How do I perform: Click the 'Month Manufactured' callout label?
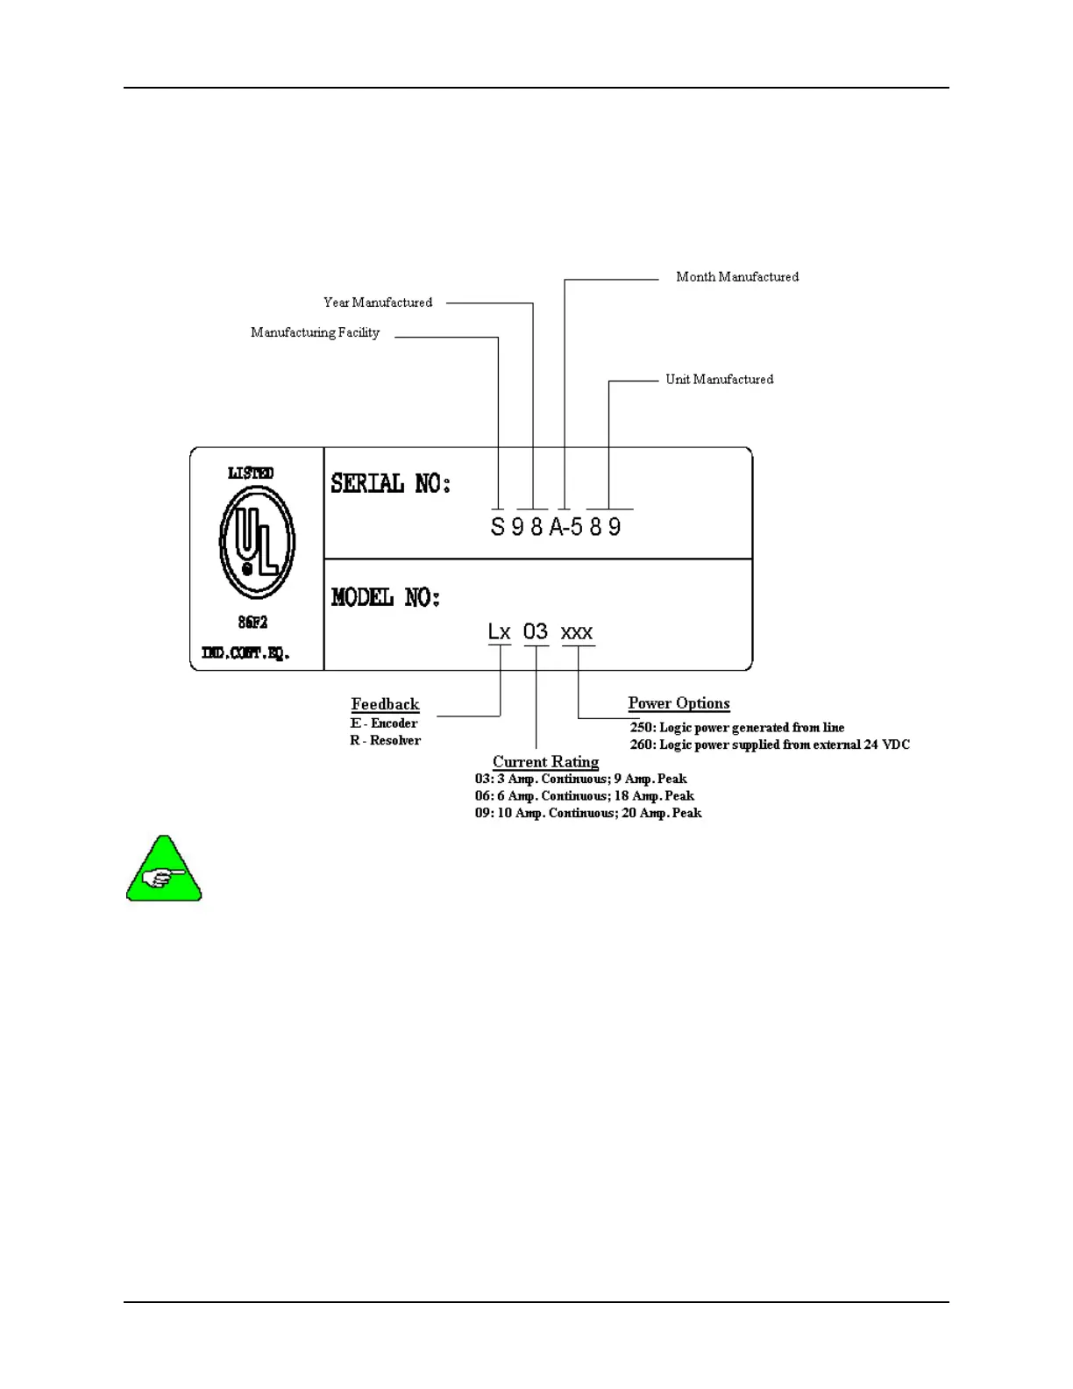(737, 277)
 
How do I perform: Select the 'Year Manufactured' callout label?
(378, 303)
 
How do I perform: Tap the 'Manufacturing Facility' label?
(315, 332)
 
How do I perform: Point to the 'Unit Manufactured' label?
(720, 380)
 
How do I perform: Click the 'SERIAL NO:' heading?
(390, 483)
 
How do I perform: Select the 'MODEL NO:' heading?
(386, 598)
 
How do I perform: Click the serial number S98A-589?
(556, 527)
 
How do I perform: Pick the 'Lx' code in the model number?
(499, 632)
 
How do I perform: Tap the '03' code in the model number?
(536, 632)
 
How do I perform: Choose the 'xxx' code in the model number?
(577, 633)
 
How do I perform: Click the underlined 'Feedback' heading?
(385, 704)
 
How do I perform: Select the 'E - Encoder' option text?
(384, 723)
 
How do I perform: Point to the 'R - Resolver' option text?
(385, 741)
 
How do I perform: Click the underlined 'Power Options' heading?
(679, 703)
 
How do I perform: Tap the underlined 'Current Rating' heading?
(545, 762)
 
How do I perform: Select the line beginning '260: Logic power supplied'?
(770, 745)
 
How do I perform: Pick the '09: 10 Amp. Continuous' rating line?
(588, 814)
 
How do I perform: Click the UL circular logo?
(257, 542)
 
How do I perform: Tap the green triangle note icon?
(164, 872)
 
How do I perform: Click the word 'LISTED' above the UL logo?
(251, 474)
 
